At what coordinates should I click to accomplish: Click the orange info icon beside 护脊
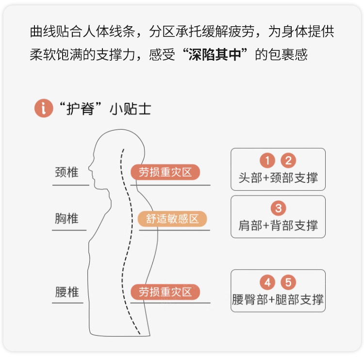point(43,108)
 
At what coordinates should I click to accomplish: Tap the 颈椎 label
point(66,172)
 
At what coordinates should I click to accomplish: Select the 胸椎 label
point(66,218)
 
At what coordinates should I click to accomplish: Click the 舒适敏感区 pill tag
point(172,219)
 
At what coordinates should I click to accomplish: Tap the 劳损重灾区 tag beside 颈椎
point(165,172)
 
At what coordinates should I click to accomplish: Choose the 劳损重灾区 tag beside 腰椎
point(165,292)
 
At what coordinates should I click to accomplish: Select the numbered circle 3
point(278,209)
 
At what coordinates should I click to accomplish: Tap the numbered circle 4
point(267,282)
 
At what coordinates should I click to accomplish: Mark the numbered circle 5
point(288,282)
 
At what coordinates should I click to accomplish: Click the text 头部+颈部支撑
point(278,178)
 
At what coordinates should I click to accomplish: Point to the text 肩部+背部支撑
point(278,225)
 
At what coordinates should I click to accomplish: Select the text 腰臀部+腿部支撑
point(278,299)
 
